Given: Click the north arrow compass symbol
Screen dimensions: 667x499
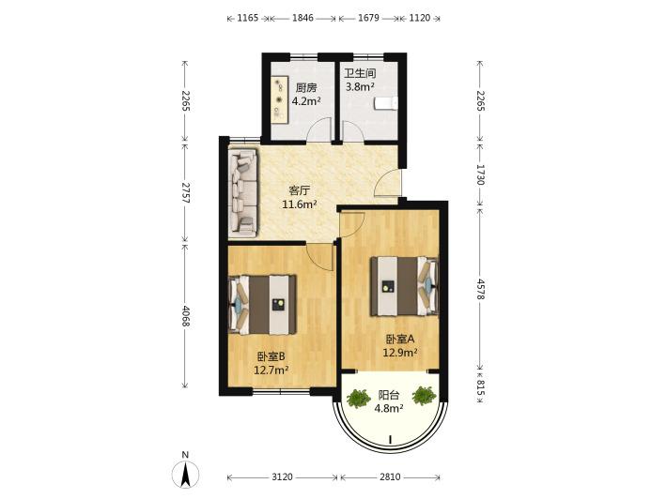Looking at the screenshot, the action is point(185,475).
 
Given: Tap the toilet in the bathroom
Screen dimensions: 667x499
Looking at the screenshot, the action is point(386,103).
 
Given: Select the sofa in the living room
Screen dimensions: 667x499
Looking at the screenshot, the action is point(243,192).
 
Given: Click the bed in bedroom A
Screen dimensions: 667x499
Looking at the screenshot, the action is point(404,286).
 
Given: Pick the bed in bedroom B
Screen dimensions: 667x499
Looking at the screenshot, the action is point(262,305).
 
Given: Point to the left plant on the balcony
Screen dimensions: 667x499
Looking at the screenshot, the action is point(359,399).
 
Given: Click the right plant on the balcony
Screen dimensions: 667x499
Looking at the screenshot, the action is point(424,396).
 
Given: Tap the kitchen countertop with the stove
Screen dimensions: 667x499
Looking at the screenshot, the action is point(281,100).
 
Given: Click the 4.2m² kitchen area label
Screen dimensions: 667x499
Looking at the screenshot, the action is point(306,101).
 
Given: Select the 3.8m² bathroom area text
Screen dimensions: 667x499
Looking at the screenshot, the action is point(360,87).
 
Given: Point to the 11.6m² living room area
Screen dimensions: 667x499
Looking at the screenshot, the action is point(300,204).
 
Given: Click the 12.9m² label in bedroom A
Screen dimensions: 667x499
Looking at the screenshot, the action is point(399,353).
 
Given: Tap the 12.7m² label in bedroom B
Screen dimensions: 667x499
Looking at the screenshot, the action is point(271,370).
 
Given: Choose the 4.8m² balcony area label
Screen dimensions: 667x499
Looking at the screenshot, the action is point(389,409).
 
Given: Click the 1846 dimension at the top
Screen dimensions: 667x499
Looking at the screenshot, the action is point(302,18).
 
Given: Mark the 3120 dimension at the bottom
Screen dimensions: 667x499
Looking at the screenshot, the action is point(282,476).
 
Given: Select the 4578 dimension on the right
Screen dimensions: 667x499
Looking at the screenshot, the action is point(480,290).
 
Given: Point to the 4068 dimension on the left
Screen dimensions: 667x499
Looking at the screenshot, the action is point(185,316).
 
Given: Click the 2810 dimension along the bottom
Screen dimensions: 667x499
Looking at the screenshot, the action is point(390,476).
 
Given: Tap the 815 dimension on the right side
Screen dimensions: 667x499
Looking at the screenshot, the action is point(480,387).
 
